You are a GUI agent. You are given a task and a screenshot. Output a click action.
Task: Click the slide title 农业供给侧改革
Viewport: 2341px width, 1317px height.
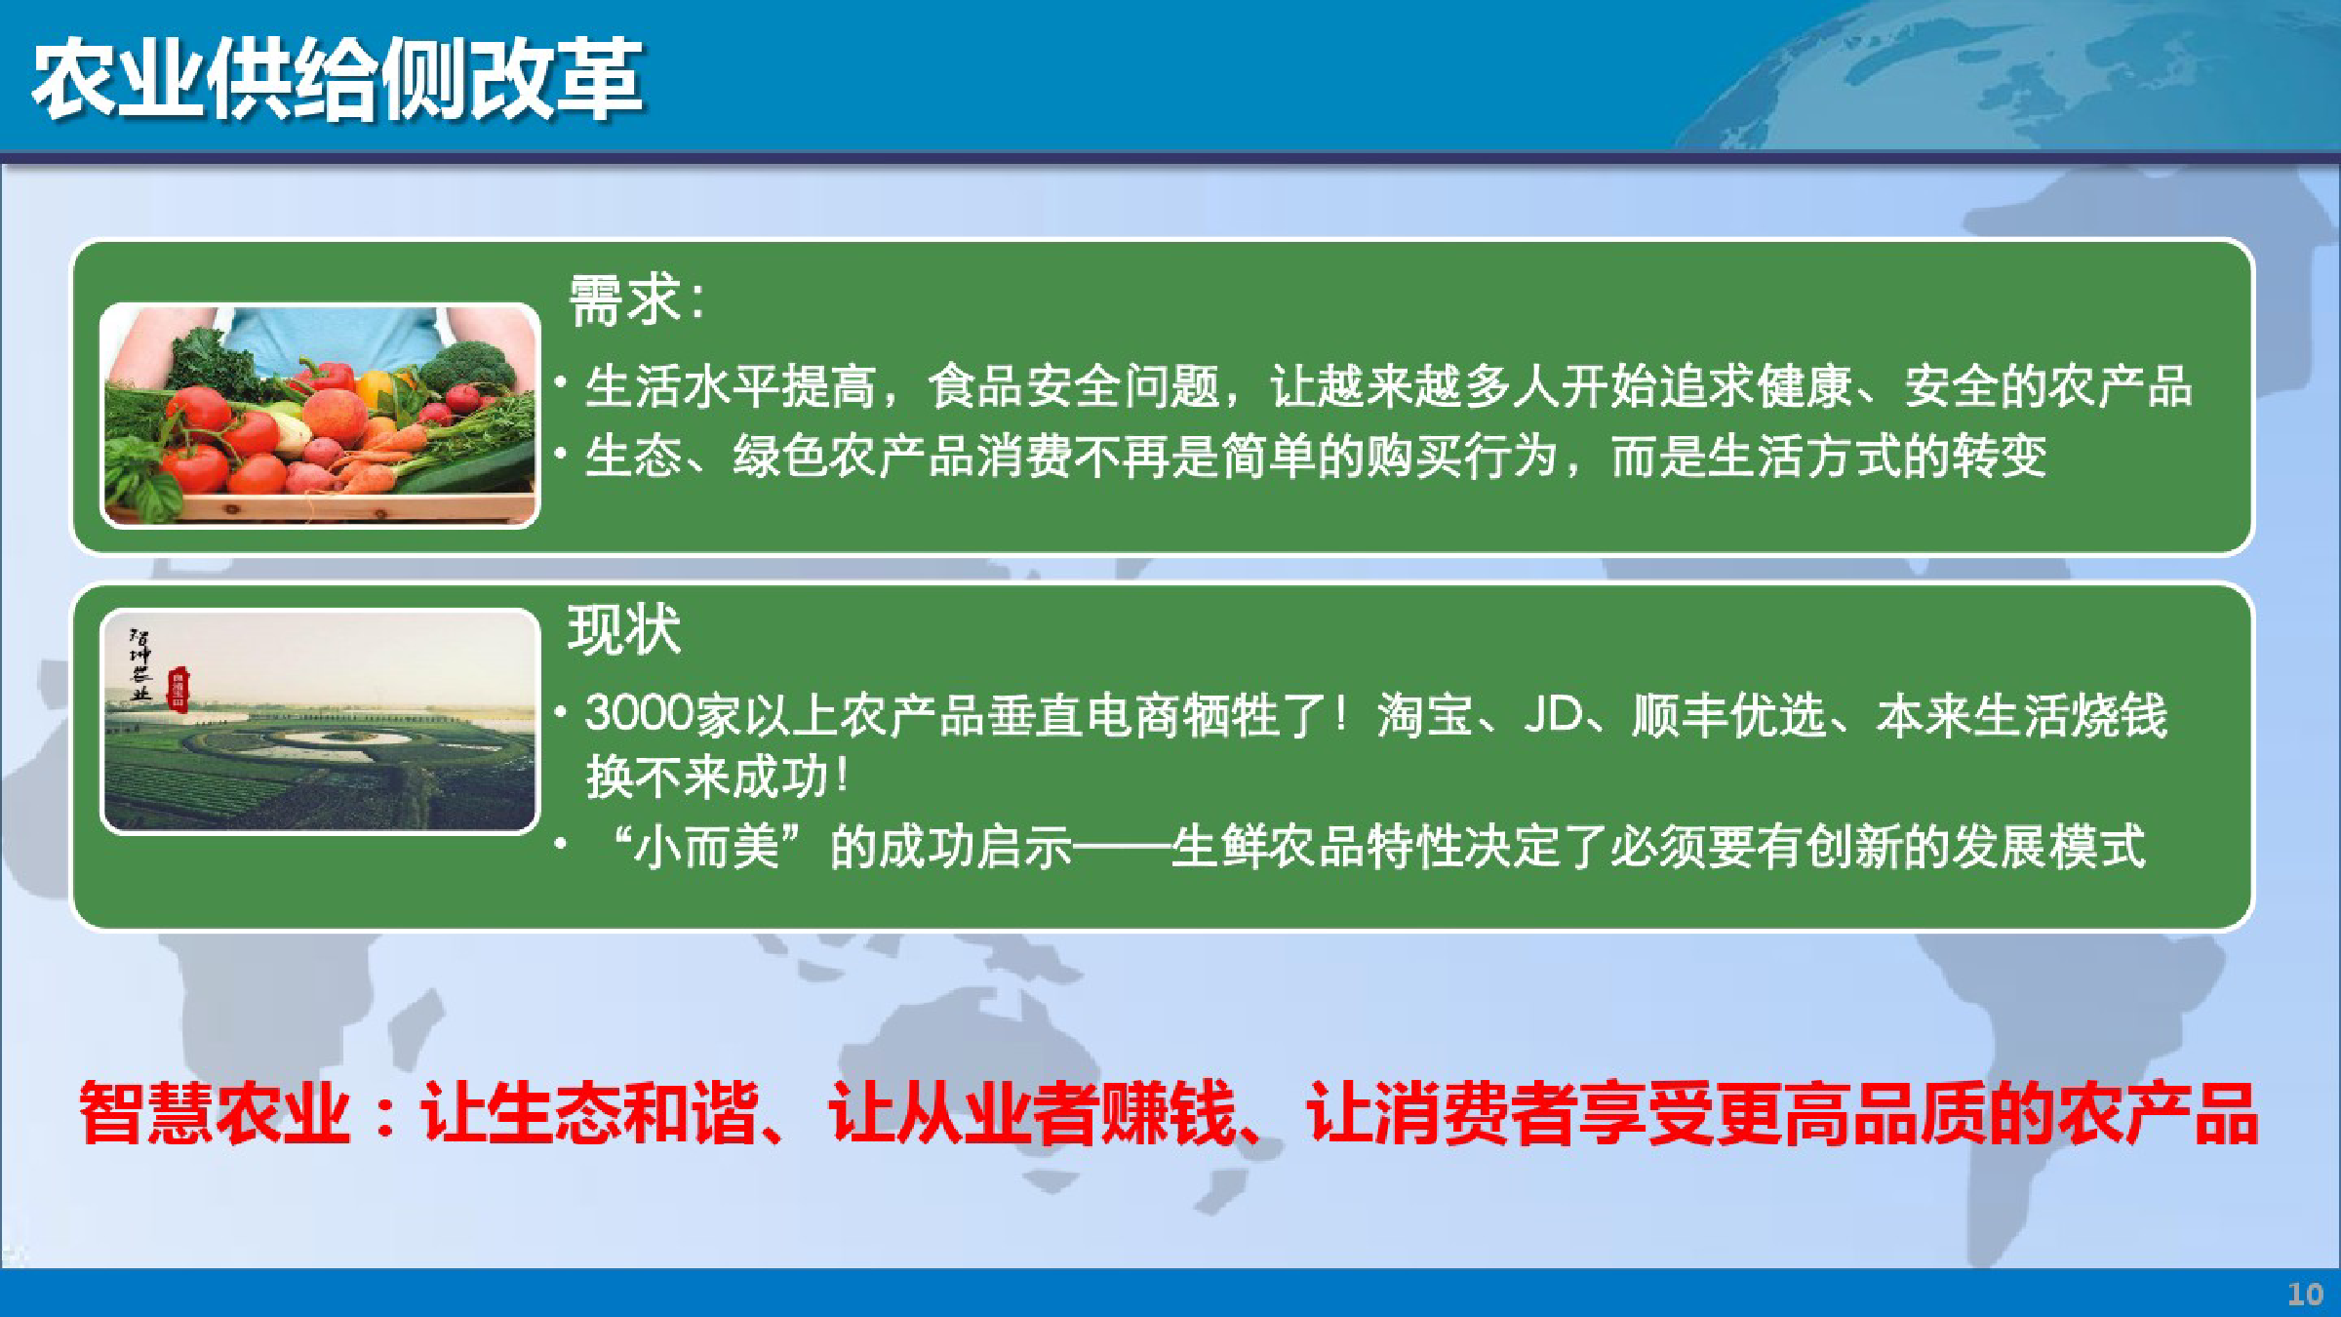click(x=337, y=80)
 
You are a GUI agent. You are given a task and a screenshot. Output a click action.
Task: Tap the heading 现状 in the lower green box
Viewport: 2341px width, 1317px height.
click(x=624, y=629)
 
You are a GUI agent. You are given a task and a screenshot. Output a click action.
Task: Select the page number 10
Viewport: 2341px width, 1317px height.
click(x=2305, y=1294)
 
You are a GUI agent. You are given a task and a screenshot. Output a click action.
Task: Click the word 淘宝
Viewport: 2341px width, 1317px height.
click(x=1425, y=714)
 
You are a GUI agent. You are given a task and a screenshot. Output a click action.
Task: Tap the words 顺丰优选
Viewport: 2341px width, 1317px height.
click(x=1728, y=714)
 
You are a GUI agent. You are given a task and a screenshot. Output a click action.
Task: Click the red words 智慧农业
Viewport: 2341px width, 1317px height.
click(x=214, y=1113)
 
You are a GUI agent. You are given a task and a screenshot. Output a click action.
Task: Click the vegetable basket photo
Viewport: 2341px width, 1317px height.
click(x=320, y=416)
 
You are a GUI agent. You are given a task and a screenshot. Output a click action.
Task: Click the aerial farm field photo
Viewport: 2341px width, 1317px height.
click(x=320, y=721)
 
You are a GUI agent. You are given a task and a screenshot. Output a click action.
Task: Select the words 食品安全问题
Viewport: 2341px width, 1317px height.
click(x=1073, y=386)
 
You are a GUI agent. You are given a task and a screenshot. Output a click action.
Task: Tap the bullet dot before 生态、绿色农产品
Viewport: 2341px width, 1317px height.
click(x=561, y=453)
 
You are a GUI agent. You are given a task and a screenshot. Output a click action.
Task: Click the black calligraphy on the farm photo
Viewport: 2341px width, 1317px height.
click(x=141, y=664)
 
